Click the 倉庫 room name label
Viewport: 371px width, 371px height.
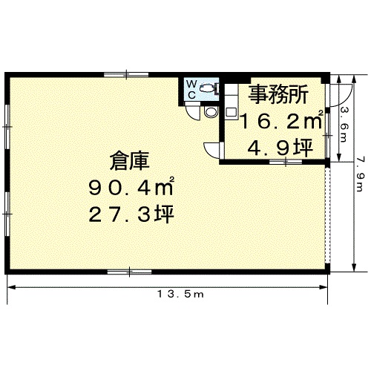(129, 161)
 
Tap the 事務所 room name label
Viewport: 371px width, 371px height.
(279, 94)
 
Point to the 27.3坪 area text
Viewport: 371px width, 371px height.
(131, 214)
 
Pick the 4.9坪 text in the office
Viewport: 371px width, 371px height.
(280, 148)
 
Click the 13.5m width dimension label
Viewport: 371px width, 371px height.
(180, 294)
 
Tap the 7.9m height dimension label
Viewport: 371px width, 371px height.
(360, 175)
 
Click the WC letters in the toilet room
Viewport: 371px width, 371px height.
(191, 90)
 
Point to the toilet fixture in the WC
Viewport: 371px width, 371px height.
(209, 88)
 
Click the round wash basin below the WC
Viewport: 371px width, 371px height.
(211, 112)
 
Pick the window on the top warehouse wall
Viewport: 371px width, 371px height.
(126, 74)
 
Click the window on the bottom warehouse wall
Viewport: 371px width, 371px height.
(129, 272)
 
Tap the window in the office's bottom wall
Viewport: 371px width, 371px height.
(286, 162)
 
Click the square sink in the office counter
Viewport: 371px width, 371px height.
(231, 112)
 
